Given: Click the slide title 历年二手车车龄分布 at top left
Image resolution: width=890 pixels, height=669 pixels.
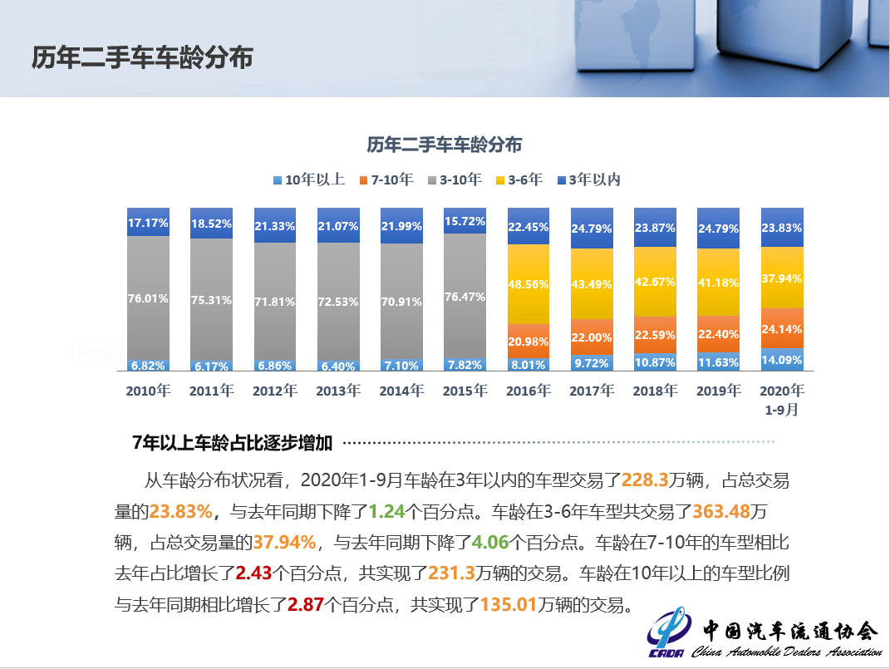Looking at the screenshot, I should (142, 57).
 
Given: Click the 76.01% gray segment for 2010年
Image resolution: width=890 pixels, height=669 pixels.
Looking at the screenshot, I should (149, 298).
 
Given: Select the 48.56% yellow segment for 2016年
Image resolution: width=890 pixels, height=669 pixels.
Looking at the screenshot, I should (529, 283).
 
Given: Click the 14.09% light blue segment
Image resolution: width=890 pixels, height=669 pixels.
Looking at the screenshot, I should (782, 360).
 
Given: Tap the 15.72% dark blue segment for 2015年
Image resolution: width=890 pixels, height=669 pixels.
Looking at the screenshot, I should (465, 221).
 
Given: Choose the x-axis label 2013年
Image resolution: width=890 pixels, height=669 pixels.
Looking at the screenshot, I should (338, 391).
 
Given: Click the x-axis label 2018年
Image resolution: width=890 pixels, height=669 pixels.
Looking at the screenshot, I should (655, 391).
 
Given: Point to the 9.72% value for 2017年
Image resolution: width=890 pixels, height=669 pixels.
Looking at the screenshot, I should (592, 364).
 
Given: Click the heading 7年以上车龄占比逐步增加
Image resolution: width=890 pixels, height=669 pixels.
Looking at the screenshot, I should (232, 443).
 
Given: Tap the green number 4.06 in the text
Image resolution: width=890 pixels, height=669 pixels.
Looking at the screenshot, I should (490, 543).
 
